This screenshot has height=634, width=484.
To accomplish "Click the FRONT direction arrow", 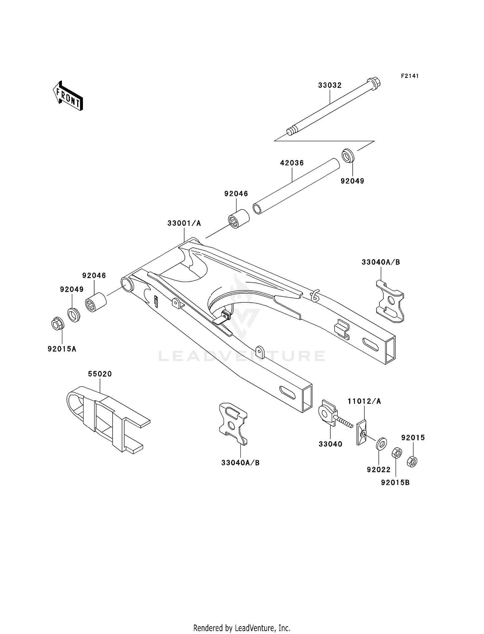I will click(68, 96).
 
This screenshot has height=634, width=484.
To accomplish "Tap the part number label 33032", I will click(329, 85).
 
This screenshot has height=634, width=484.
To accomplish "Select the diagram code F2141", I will click(410, 76).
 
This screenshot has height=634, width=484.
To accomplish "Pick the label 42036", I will click(292, 163).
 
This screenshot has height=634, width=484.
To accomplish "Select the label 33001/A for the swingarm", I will click(184, 223).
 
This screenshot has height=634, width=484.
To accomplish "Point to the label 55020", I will click(100, 374).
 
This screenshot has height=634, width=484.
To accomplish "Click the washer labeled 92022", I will click(381, 443).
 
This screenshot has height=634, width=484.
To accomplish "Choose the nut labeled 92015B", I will click(396, 453).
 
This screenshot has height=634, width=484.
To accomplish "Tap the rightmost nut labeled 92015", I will click(412, 461).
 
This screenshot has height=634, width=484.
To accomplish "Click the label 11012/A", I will click(364, 401).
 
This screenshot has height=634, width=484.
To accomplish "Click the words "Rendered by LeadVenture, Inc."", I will click(242, 628).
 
